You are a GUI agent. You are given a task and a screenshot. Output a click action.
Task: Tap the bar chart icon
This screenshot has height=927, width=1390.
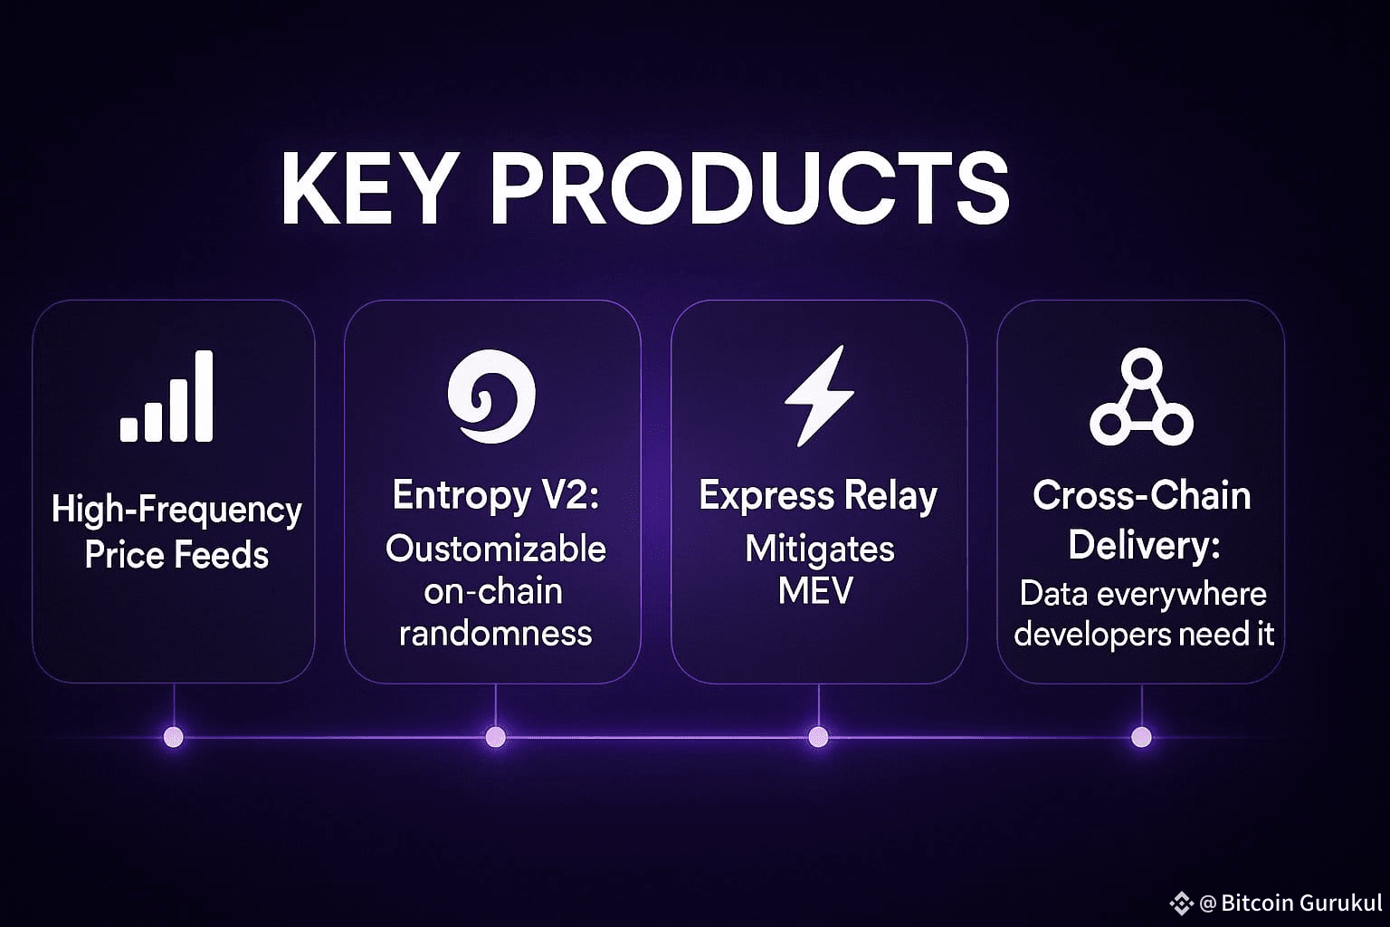[167, 397]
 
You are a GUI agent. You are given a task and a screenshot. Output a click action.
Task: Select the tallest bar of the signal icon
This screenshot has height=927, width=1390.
[205, 397]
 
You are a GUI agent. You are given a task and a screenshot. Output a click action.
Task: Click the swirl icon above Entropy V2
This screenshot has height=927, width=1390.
[491, 397]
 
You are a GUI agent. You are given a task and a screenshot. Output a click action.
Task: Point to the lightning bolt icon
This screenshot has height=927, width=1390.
[819, 396]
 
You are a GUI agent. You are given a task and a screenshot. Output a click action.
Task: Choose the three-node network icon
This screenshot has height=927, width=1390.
[1142, 397]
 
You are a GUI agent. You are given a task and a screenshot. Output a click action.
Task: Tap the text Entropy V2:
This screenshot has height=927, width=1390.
[496, 496]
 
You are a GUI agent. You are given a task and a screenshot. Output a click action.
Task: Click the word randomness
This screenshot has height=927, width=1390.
[496, 634]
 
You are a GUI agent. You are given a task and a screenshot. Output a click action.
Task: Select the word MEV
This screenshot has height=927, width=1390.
[816, 590]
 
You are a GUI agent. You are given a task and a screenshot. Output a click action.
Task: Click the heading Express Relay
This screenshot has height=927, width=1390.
[818, 497]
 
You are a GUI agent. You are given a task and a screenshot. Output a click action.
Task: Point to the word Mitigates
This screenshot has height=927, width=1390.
[820, 550]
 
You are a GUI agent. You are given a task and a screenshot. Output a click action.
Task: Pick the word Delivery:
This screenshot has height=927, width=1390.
[1144, 546]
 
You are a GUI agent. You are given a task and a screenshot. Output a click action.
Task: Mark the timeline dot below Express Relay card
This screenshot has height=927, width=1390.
[818, 737]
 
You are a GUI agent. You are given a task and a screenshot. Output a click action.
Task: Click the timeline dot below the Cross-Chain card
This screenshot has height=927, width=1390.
[1142, 737]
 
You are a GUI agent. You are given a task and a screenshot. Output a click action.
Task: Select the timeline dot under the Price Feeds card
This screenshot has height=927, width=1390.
[174, 737]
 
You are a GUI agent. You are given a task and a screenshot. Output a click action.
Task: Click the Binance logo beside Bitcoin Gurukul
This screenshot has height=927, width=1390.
[1181, 903]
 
